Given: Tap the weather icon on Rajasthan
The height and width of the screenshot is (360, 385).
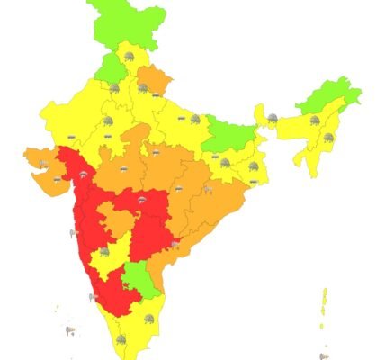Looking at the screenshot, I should (108, 121).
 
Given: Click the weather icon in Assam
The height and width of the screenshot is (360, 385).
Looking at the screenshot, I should (314, 120).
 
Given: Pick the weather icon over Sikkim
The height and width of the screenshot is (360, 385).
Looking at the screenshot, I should (273, 117).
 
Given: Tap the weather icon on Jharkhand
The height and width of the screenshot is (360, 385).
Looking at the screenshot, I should (226, 163).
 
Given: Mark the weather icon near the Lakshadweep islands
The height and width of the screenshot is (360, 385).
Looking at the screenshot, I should (67, 332).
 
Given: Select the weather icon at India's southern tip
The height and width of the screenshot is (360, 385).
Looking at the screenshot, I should (121, 340).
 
